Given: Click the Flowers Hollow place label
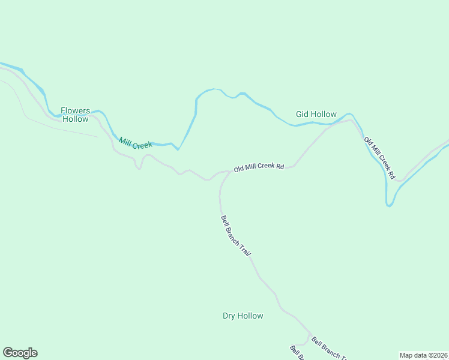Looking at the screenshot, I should coord(75,115).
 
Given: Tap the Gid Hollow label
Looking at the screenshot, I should coord(316,114).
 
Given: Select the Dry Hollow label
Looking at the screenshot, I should coord(243,316).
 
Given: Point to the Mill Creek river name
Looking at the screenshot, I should coord(136,143).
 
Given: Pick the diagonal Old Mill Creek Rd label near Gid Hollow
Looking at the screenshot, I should coord(379,158).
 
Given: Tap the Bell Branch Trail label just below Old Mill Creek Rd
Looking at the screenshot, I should coord(235,236).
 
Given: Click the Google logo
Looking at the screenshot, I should coord(20,353).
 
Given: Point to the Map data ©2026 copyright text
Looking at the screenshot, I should coord(423,355).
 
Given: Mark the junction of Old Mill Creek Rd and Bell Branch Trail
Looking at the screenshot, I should coord(229,172).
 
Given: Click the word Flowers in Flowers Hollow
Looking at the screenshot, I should coord(75,110).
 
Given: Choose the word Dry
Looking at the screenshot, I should coord(229,316).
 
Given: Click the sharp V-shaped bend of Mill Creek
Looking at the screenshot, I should coord(178,149).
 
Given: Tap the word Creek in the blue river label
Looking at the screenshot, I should coord(143,145).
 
